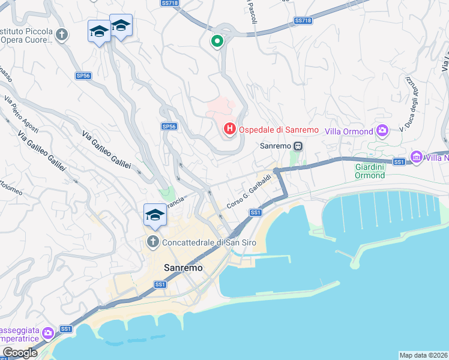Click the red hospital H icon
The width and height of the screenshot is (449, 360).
pyautogui.click(x=229, y=129)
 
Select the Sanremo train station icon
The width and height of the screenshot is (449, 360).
pyautogui.click(x=297, y=146)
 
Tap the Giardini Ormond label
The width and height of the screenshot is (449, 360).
pyautogui.click(x=370, y=170)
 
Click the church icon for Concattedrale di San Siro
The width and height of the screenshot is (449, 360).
pyautogui.click(x=152, y=242)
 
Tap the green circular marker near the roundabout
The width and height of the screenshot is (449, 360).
pyautogui.click(x=217, y=41)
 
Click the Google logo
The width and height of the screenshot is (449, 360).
pyautogui.click(x=20, y=353)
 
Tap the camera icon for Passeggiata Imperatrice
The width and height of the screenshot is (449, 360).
pyautogui.click(x=49, y=332)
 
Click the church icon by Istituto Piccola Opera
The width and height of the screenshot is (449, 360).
pyautogui.click(x=62, y=35)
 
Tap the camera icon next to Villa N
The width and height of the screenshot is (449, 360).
pyautogui.click(x=416, y=158)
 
